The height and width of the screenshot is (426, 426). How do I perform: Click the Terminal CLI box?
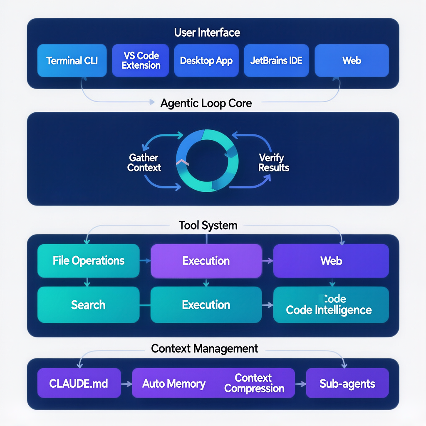click(x=72, y=61)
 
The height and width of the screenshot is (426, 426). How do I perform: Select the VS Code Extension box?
click(x=141, y=61)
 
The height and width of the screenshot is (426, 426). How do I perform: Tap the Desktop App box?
click(x=206, y=61)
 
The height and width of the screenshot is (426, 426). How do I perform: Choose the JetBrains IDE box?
click(x=276, y=61)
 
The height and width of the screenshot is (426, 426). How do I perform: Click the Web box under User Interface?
click(x=352, y=61)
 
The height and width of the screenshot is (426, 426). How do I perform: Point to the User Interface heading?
click(x=207, y=32)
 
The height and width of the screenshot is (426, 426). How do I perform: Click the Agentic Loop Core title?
click(x=206, y=103)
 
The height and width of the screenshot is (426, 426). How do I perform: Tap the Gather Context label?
click(x=144, y=163)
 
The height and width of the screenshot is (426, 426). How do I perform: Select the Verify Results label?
click(x=273, y=163)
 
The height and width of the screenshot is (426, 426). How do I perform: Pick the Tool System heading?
click(x=208, y=225)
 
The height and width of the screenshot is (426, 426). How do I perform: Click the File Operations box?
click(x=89, y=261)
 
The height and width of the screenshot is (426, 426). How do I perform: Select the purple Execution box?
click(x=206, y=261)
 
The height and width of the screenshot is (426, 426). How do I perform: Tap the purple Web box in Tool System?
click(x=331, y=261)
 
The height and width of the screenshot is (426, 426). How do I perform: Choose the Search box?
click(x=88, y=305)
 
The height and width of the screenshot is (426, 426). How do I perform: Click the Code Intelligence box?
click(x=331, y=305)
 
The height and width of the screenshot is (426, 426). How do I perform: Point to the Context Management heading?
click(x=205, y=348)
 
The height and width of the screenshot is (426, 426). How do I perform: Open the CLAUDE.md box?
click(x=79, y=383)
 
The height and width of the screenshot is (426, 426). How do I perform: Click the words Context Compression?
click(x=254, y=383)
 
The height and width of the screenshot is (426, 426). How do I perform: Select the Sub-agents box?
click(x=347, y=383)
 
